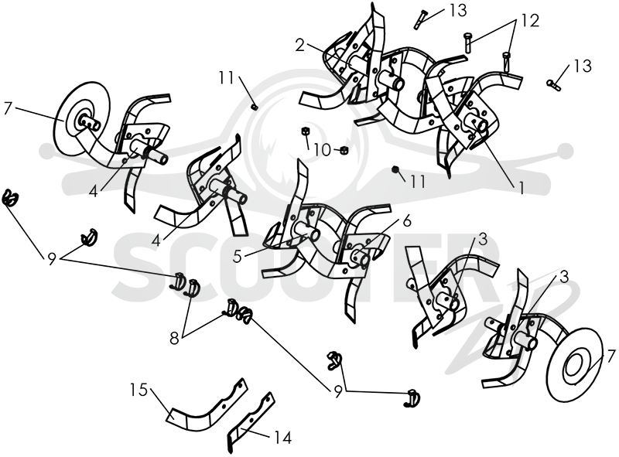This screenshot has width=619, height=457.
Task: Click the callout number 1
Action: [521, 189]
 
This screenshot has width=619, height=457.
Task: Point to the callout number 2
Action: [300, 46]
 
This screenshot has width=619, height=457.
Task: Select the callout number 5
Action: [238, 257]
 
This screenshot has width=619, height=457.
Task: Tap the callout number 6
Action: [407, 221]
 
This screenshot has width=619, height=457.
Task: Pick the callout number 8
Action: [175, 338]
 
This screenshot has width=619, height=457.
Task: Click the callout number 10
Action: [322, 149]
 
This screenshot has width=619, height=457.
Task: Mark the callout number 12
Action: [530, 21]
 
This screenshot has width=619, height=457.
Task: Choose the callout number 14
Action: [282, 437]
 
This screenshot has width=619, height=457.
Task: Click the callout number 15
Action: [139, 390]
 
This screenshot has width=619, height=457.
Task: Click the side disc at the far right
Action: [574, 359]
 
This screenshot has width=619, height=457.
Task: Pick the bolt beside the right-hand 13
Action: [553, 84]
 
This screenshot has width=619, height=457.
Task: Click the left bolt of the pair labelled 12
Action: [468, 42]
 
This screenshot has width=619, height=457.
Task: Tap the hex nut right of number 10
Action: [344, 150]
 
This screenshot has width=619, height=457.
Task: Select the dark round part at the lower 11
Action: [395, 169]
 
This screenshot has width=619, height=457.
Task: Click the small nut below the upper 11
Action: [255, 107]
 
